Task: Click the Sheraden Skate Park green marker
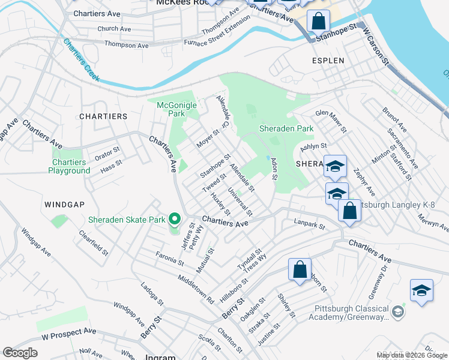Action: [x=175, y=220]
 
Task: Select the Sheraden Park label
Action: [x=286, y=128]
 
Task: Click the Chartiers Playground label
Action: [x=69, y=166]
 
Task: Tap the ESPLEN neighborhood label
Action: [x=328, y=61]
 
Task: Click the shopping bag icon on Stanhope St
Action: [x=318, y=22]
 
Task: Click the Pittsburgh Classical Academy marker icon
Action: [x=397, y=311]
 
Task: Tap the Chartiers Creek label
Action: [x=81, y=61]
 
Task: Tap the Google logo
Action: [x=20, y=353]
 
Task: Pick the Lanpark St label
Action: [x=309, y=226]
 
